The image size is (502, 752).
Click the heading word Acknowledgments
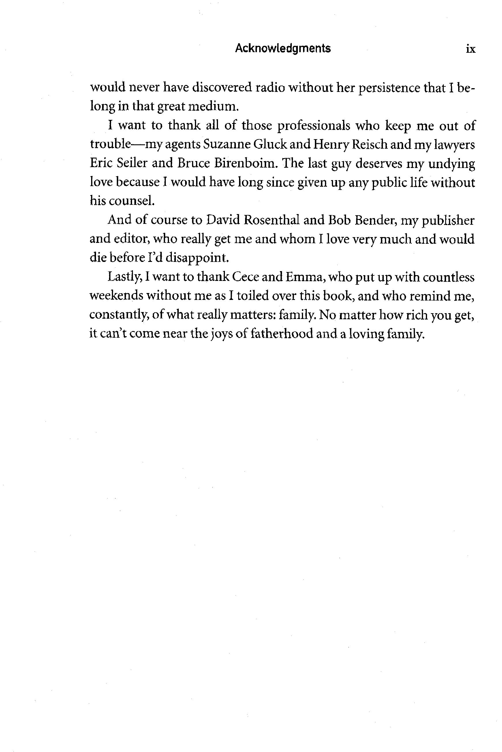point(283,48)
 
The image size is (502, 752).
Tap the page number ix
point(470,49)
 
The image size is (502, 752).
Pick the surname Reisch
point(369,144)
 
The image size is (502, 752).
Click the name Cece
point(245,277)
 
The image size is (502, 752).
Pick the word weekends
point(116,296)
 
